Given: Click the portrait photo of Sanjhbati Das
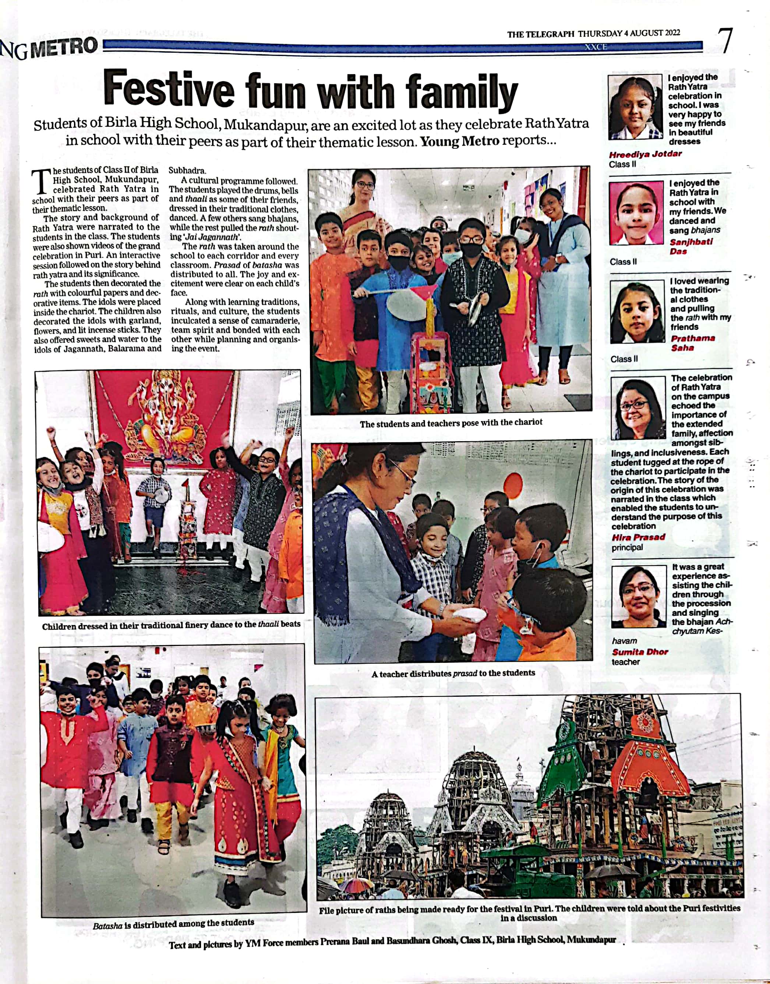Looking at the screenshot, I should (x=636, y=213).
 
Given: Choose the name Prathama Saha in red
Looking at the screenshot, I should (x=692, y=343).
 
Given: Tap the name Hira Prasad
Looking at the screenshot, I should (x=638, y=537).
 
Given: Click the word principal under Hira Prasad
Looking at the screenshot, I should (x=627, y=548).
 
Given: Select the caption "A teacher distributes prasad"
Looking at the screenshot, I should (x=453, y=673).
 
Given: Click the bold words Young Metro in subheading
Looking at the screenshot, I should (x=459, y=141).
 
